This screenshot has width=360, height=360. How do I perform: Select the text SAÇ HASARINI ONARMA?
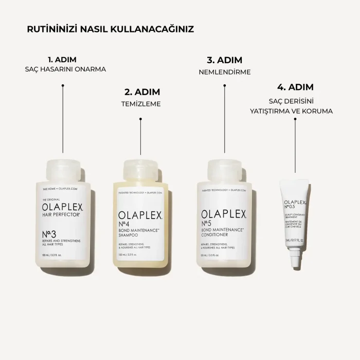[x=62, y=69]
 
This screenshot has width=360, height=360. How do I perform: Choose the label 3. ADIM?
[x=225, y=60]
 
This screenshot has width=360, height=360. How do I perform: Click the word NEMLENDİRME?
[x=225, y=72]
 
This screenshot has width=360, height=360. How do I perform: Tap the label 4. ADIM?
[x=295, y=87]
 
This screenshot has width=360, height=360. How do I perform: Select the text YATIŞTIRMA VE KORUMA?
[x=295, y=111]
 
